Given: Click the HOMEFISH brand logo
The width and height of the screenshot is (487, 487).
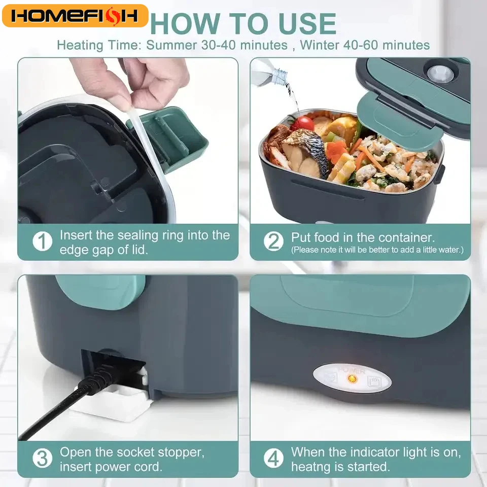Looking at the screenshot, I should coord(75,16).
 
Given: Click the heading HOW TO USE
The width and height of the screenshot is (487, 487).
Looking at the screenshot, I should coord(243,23).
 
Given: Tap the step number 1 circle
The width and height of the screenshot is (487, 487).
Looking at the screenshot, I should coord(43,241).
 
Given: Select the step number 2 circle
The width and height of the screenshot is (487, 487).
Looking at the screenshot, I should coord(274,241).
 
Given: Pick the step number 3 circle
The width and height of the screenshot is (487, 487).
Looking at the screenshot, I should coord(43,458).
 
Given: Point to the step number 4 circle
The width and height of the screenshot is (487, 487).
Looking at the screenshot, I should coord(274,458).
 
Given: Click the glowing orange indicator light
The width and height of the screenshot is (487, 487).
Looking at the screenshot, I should coord(350,379).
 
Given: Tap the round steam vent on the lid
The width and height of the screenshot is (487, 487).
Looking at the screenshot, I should coord(439,73).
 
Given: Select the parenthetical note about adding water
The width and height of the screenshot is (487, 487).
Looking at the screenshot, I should coord(377,250).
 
